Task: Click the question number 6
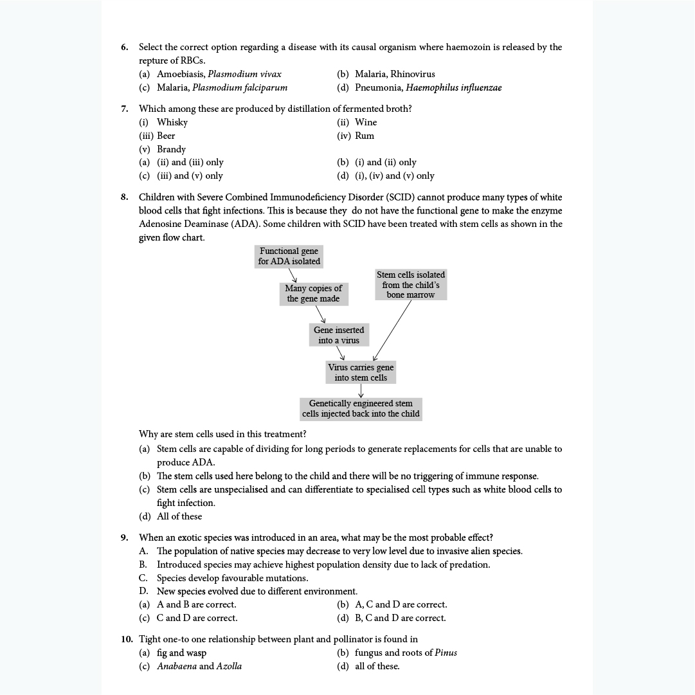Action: pos(124,47)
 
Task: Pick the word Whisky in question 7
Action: pos(172,122)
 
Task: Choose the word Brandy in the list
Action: pos(171,149)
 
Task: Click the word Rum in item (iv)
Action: pos(365,136)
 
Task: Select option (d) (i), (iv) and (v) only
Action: pos(386,176)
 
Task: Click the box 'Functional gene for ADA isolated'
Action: pos(289,256)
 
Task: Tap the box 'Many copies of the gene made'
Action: pos(314,293)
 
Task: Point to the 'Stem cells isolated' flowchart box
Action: pos(411,284)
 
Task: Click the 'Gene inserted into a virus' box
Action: pos(339,335)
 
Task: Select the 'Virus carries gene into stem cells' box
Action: pos(361,372)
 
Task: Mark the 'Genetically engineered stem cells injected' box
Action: pos(361,408)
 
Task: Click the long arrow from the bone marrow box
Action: pos(392,329)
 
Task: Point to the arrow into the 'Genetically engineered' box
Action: pos(361,392)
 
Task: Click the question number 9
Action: pos(124,537)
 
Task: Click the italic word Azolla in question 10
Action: pos(230,666)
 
